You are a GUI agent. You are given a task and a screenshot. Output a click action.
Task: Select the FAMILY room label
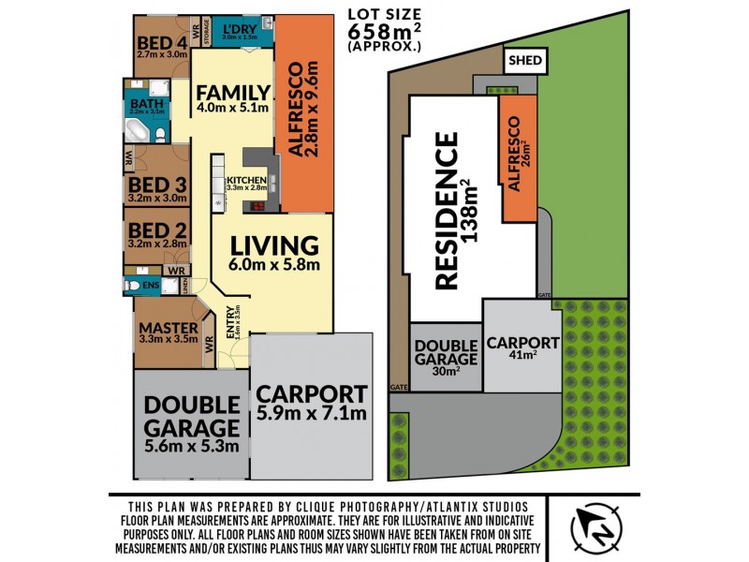pyautogui.click(x=233, y=93)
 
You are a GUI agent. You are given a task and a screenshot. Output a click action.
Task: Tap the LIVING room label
pyautogui.click(x=274, y=245)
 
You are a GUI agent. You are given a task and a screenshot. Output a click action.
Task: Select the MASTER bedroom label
pyautogui.click(x=169, y=328)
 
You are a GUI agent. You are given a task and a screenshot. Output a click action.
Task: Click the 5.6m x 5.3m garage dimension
pyautogui.click(x=192, y=446)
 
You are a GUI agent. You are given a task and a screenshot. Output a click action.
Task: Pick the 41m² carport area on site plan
pyautogui.click(x=522, y=355)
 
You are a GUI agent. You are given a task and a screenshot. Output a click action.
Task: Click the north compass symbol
pyautogui.click(x=596, y=525)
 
